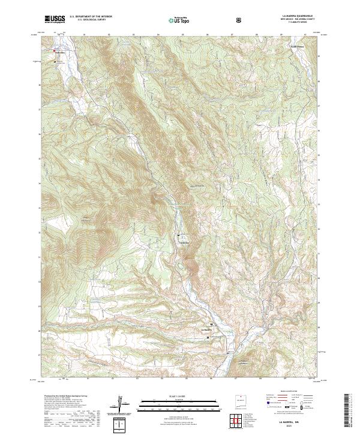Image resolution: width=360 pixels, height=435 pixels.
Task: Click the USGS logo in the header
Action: tap(55, 19)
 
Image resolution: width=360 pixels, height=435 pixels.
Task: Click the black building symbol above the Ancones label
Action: tap(178, 235)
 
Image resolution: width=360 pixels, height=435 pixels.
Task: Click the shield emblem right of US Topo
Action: tap(239, 20)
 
